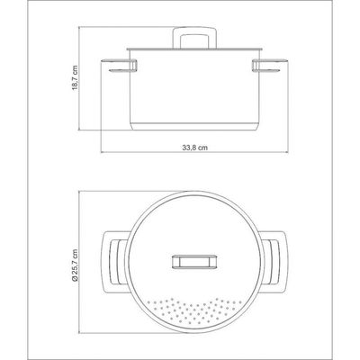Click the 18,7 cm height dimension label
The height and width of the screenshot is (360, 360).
point(75,78)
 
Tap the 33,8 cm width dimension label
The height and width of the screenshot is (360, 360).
point(195,148)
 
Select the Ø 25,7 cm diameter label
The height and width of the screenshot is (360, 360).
point(75,265)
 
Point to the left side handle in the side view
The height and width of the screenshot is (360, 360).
point(120,67)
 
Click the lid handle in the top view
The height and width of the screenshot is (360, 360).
point(194,261)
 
